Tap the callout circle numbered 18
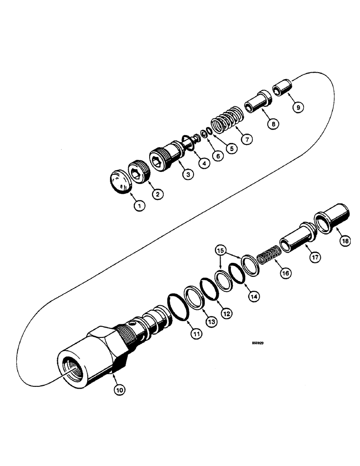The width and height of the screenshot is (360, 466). click(344, 241)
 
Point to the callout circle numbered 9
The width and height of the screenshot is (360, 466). click(298, 107)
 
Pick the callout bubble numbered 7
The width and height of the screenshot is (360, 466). click(245, 138)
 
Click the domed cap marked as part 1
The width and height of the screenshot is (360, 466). click(120, 181)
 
